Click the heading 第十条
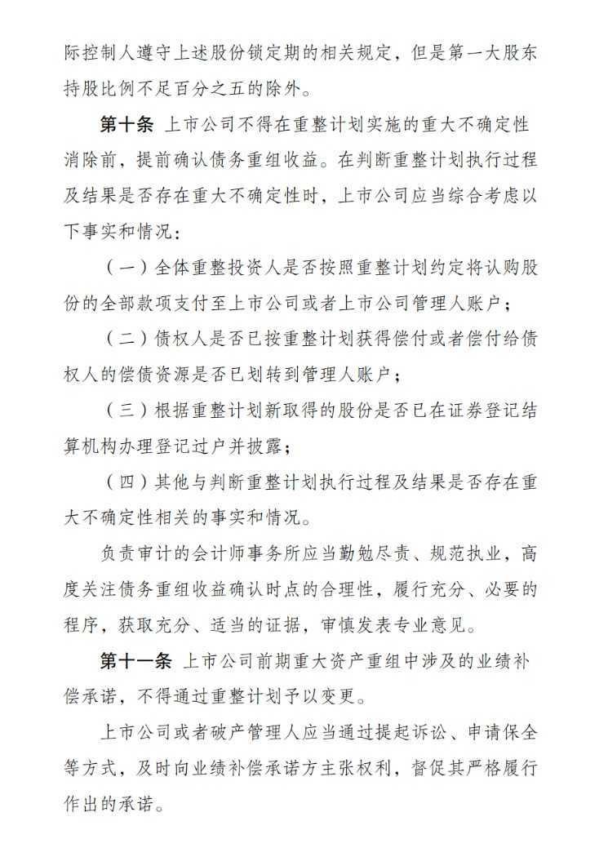pos(126,125)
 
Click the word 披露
pos(266,446)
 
